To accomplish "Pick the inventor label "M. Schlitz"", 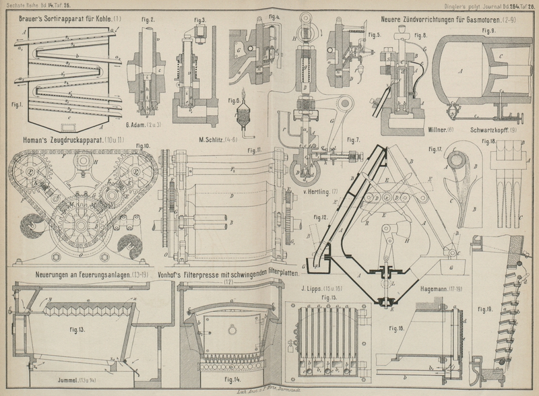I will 214,139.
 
